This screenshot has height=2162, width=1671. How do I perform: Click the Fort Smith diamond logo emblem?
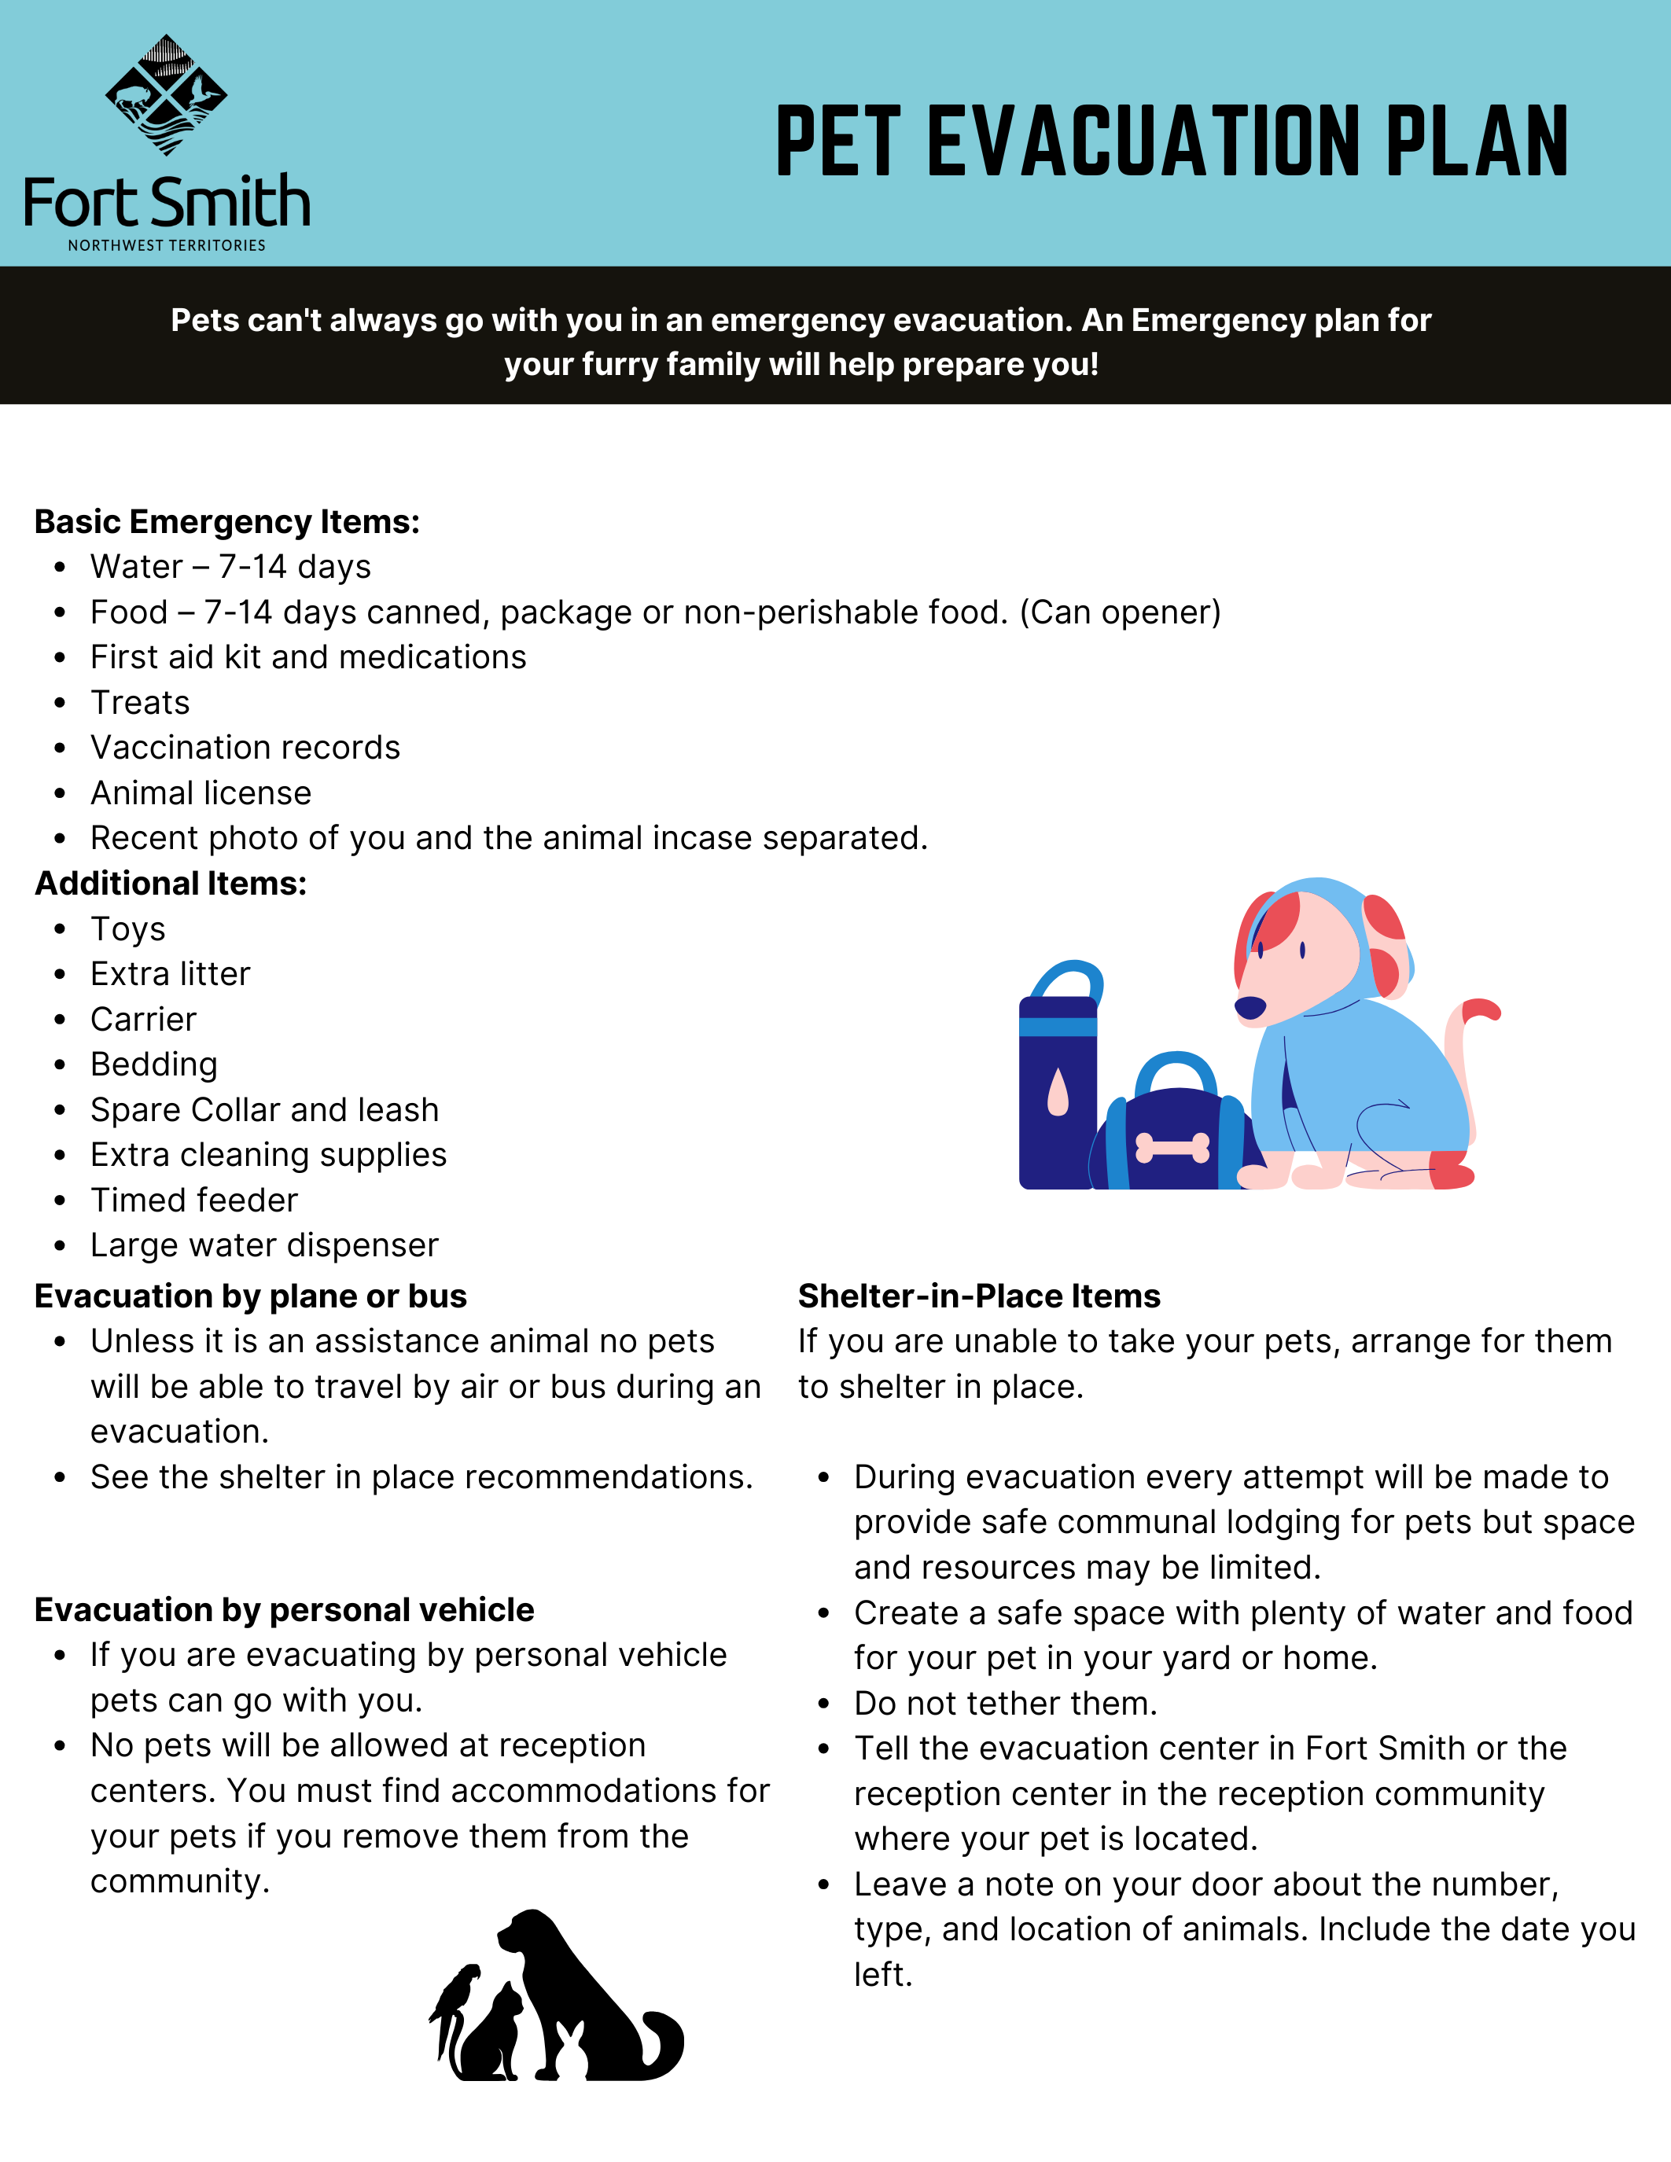166,95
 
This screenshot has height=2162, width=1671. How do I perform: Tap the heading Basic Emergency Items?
226,522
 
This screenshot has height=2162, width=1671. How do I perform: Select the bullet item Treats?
140,702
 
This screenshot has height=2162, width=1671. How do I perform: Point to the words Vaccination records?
245,748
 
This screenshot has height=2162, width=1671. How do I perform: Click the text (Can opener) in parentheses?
1121,612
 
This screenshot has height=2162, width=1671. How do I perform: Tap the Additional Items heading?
171,883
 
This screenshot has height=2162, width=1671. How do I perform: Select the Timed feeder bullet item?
194,1200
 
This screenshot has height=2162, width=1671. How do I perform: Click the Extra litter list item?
171,974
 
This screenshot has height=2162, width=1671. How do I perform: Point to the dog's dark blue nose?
1250,1008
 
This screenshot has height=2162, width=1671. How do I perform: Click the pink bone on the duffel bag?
1173,1147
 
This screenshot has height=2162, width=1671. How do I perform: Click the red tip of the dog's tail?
1482,1009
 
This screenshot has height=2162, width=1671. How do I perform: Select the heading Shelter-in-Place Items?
979,1296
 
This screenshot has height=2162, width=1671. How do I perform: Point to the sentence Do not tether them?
1006,1703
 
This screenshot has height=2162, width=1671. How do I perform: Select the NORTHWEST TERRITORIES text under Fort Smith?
166,245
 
